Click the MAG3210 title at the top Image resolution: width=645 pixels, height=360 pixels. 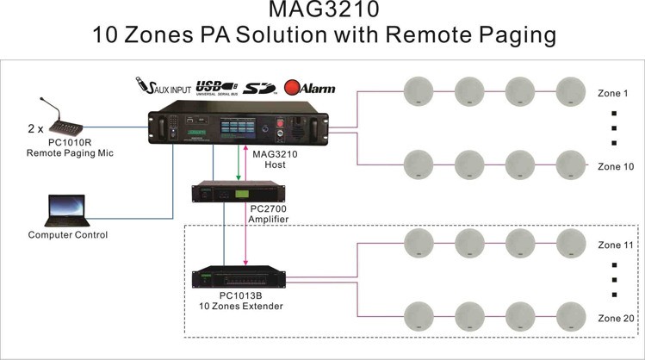322,11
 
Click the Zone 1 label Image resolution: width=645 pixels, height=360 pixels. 612,93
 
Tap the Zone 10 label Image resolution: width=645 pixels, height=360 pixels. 615,165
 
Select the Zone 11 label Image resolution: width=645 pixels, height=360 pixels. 615,245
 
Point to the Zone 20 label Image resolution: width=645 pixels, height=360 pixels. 615,317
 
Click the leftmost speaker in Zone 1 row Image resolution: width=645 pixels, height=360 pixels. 418,89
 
